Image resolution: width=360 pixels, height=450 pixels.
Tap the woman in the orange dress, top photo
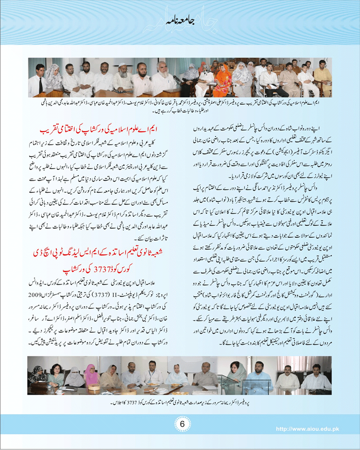224,81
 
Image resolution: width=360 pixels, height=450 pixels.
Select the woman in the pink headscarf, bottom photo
92,374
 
